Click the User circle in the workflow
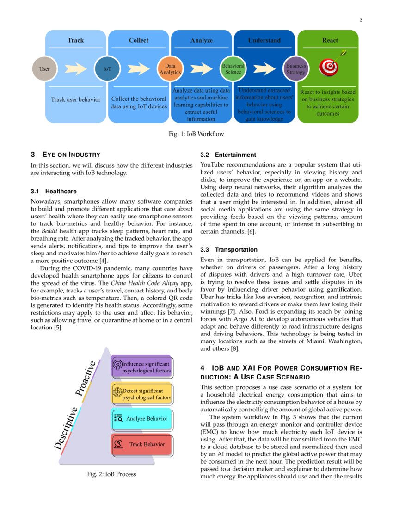pyautogui.click(x=44, y=69)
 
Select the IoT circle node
pyautogui.click(x=107, y=69)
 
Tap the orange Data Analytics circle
pyautogui.click(x=170, y=69)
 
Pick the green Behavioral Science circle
pyautogui.click(x=233, y=69)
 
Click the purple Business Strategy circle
pyautogui.click(x=296, y=69)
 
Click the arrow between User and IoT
pyautogui.click(x=75, y=69)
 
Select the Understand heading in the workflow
pyautogui.click(x=264, y=40)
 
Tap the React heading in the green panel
pyautogui.click(x=330, y=40)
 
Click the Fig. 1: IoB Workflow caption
pyautogui.click(x=196, y=134)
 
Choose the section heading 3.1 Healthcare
pyautogui.click(x=54, y=191)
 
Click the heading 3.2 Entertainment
pyautogui.click(x=228, y=155)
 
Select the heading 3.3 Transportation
pyautogui.click(x=229, y=249)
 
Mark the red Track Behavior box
pyautogui.click(x=142, y=444)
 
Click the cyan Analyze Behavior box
pyautogui.click(x=142, y=419)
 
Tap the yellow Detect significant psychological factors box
pyautogui.click(x=142, y=394)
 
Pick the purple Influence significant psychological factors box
pyautogui.click(x=142, y=367)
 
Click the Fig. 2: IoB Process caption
pyautogui.click(x=111, y=474)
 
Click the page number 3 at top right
pyautogui.click(x=361, y=20)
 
